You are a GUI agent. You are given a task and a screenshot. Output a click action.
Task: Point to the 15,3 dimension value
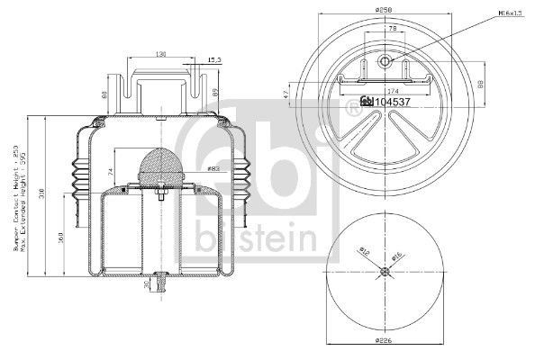213,60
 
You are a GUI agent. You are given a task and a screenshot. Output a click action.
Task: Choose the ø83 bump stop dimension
213,168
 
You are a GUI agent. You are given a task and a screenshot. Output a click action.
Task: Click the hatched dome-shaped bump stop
159,163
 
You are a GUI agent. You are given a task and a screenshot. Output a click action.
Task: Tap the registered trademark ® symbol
348,107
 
